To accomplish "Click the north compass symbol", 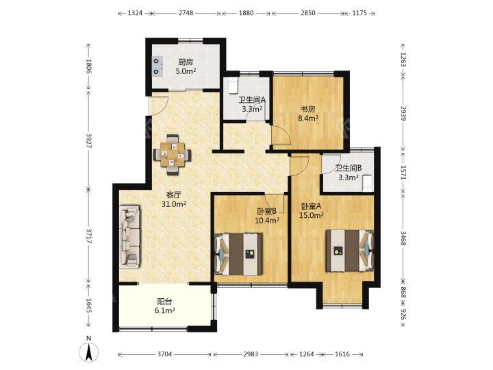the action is (x=89, y=352).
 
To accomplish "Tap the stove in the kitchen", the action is (x=157, y=66).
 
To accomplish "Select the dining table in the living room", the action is (x=172, y=154).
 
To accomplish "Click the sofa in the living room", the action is (x=130, y=237).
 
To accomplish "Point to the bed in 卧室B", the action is (x=239, y=254).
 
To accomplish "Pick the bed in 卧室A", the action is (x=350, y=251).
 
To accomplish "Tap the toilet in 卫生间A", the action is (x=233, y=86).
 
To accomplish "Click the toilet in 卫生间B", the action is (x=367, y=184).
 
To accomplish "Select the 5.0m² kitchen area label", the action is (x=186, y=71).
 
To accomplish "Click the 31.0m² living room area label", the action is (x=174, y=204).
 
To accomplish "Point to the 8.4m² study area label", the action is (x=308, y=119).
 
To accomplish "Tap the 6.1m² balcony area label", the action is (x=164, y=310).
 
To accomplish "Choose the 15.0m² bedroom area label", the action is (x=312, y=215).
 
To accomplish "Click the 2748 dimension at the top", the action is (x=186, y=13).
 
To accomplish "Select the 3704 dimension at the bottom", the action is (x=164, y=354).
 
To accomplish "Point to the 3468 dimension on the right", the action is (x=403, y=239).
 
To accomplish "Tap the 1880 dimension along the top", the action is (x=246, y=13).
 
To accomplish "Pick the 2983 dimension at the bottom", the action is (x=251, y=354).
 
